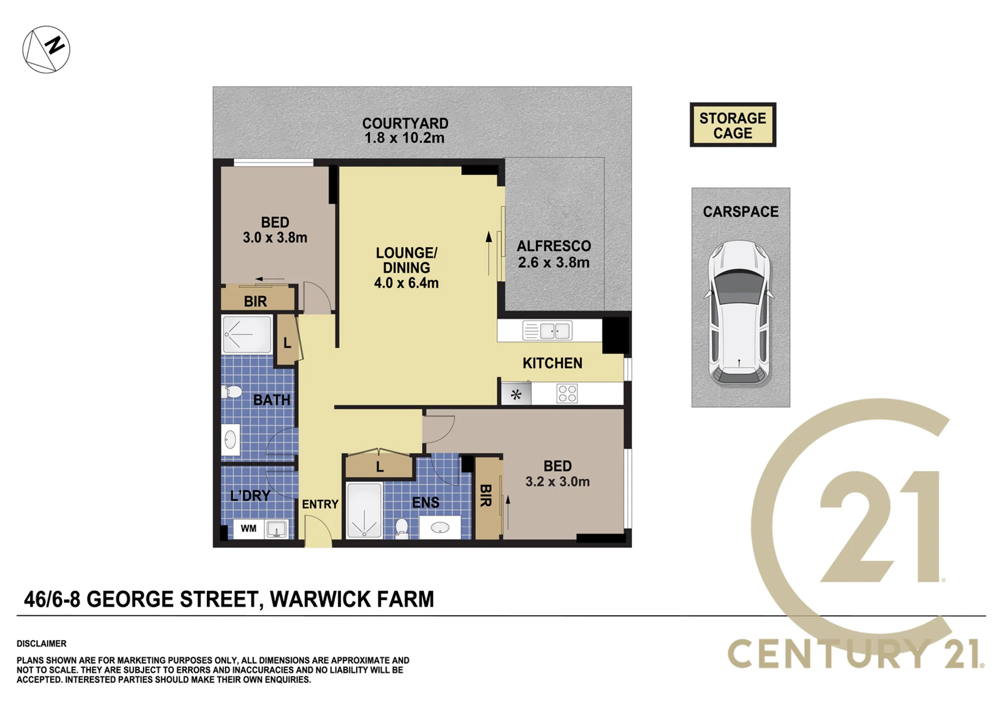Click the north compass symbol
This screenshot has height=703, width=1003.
46,49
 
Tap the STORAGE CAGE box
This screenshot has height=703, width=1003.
733,125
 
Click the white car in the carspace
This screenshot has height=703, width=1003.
739,313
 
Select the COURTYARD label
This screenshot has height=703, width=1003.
405,123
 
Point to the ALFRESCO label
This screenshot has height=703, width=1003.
554,246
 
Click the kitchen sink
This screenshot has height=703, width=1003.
547,331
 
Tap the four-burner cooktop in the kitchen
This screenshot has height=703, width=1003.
567,393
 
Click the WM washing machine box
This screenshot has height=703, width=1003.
249,528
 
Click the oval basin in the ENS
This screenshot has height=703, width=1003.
440,528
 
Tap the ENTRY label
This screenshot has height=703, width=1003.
320,504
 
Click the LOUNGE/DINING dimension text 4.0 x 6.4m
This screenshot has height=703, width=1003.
406,283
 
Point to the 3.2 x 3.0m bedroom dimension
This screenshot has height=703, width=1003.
557,481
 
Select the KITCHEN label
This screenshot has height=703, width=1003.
553,363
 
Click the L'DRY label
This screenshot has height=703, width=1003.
250,495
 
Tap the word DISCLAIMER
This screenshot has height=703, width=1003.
42,643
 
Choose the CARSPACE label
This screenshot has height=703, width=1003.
741,212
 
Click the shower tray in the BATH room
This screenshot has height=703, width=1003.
247,334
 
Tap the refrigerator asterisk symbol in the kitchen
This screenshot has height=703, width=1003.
516,394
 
